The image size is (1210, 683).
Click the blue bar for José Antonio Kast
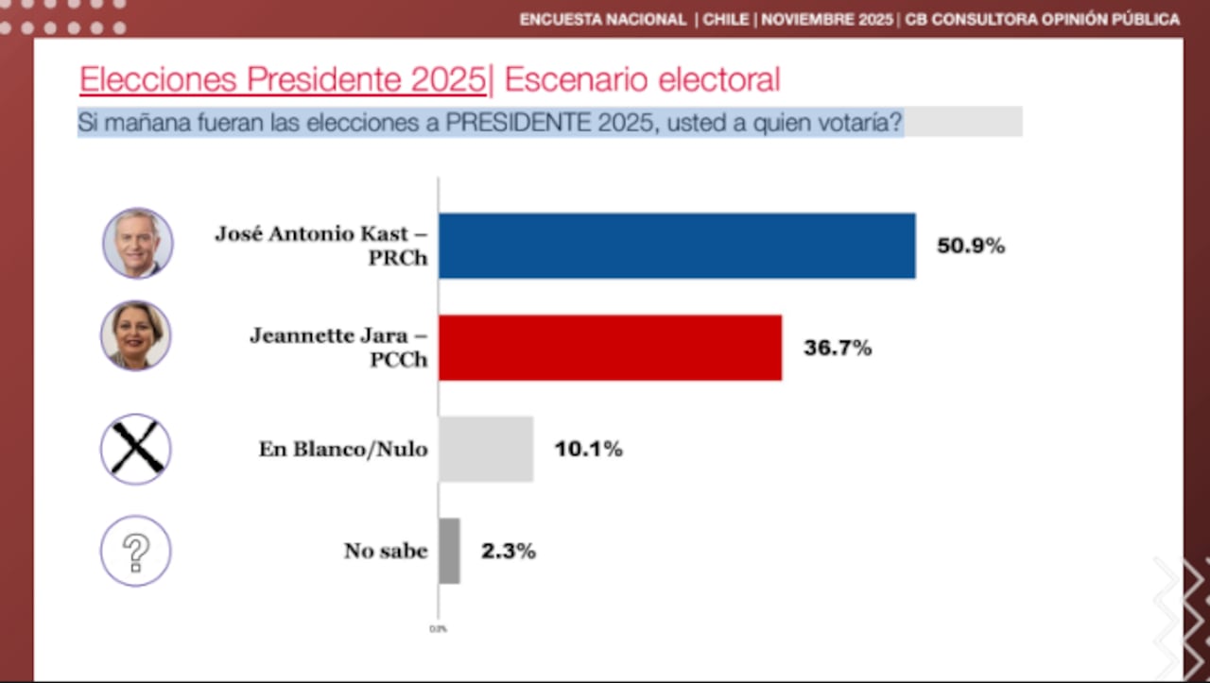click(677, 246)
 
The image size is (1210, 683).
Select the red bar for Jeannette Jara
click(610, 348)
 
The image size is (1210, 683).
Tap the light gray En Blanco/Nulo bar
click(486, 450)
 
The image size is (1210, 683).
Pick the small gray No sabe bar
click(449, 551)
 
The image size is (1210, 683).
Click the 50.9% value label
click(970, 247)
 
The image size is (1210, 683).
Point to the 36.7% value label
click(837, 349)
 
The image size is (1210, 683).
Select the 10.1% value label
click(588, 450)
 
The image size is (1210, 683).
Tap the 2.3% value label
click(509, 552)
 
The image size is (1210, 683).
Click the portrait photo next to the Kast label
click(137, 243)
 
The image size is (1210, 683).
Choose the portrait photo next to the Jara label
click(136, 335)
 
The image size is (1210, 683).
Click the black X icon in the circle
click(136, 449)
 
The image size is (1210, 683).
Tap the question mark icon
click(136, 551)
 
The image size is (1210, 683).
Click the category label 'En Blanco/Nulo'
click(343, 450)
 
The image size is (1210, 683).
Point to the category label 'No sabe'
click(386, 551)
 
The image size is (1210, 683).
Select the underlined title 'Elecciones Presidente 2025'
click(282, 80)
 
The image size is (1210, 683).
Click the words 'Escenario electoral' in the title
click(642, 80)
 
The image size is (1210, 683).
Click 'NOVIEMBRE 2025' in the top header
click(827, 20)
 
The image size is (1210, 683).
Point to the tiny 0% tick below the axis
click(439, 628)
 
